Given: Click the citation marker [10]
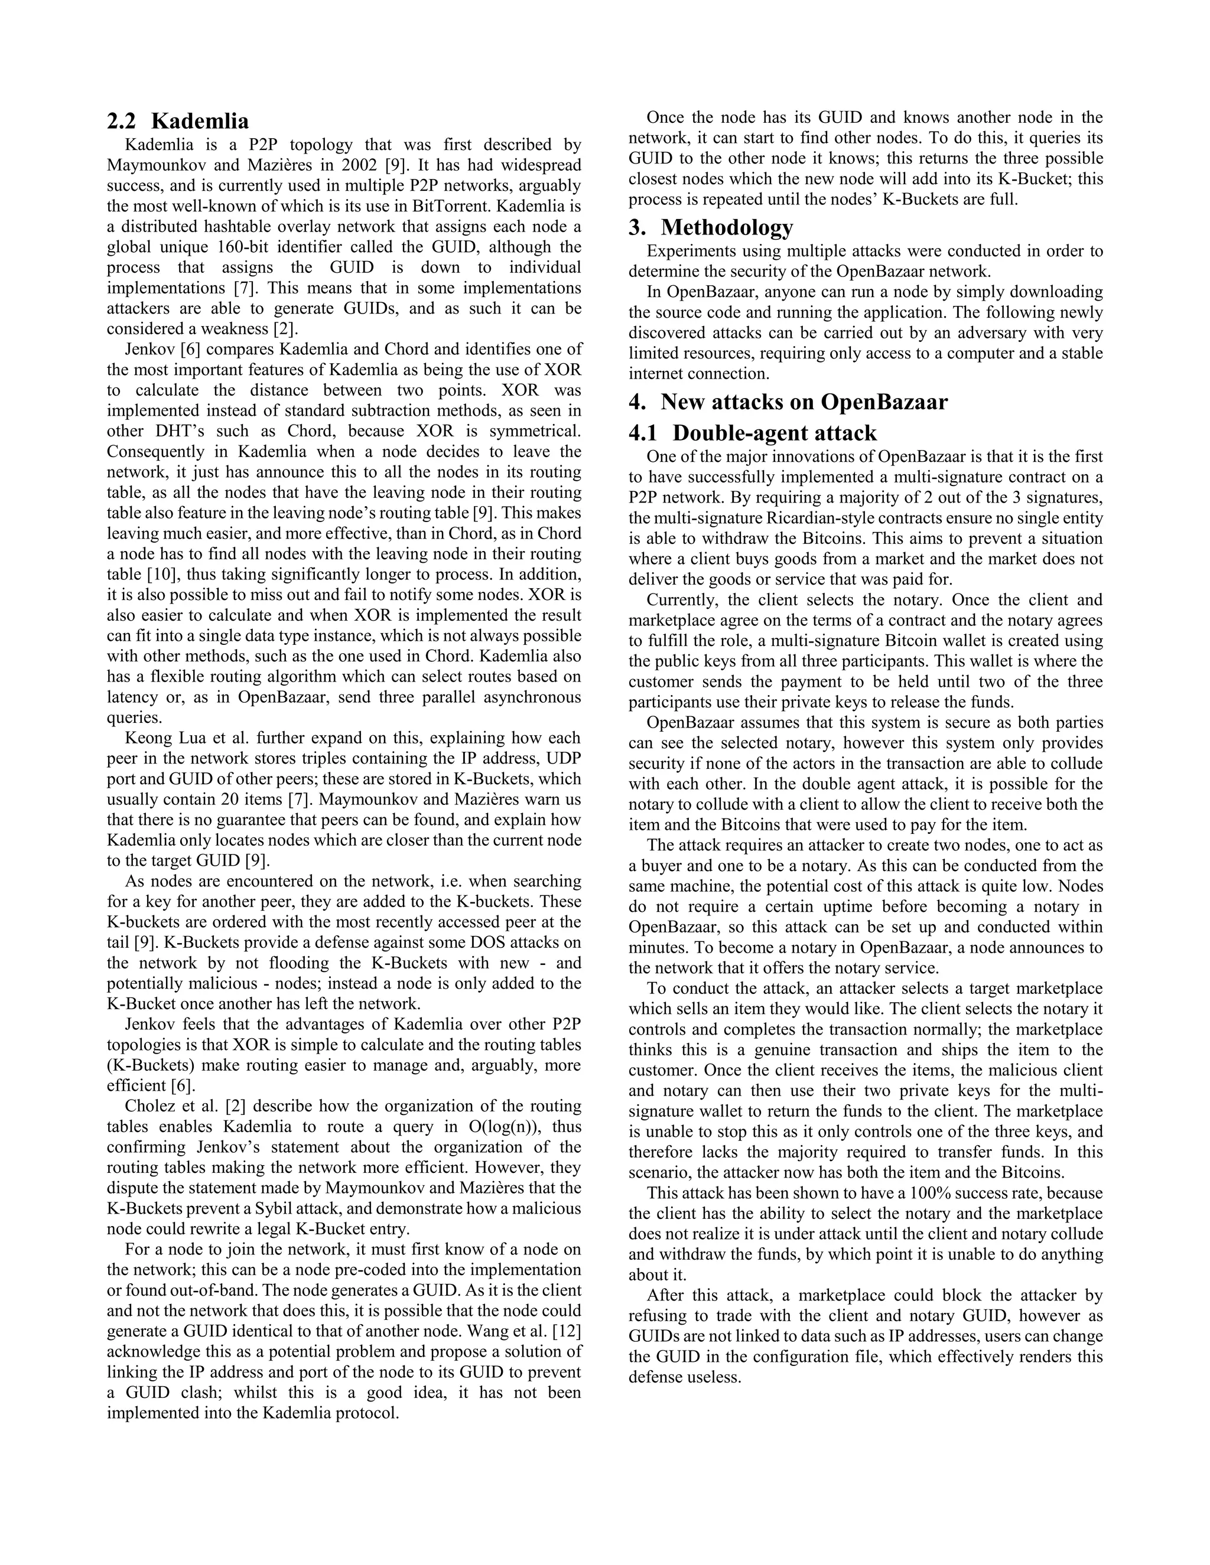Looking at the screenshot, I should [x=162, y=575].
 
